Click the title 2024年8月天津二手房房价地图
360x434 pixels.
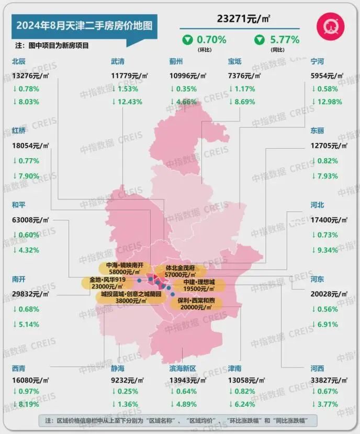point(82,25)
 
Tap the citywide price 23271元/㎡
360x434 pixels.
point(243,19)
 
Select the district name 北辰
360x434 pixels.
point(19,62)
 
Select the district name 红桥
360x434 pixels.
point(19,131)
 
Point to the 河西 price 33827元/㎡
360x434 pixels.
point(328,377)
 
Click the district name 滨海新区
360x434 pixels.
point(183,369)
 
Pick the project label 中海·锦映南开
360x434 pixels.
point(124,265)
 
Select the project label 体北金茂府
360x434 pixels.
point(180,268)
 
